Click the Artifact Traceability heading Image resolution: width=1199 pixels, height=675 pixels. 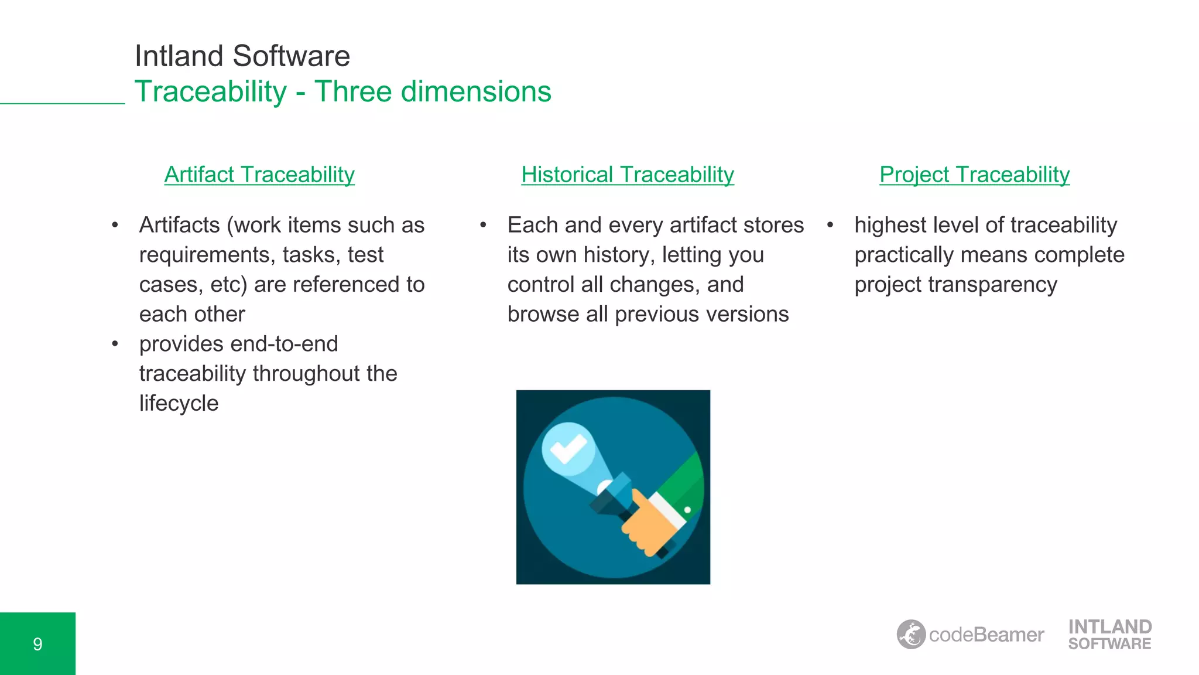[259, 175]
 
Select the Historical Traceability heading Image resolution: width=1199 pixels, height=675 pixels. [627, 175]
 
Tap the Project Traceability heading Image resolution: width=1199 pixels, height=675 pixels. [974, 175]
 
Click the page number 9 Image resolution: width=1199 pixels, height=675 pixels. [37, 644]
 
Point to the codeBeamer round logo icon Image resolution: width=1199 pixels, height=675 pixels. [911, 634]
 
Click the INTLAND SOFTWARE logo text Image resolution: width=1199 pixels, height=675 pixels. [1109, 635]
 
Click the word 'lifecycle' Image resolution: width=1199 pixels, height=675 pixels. [179, 403]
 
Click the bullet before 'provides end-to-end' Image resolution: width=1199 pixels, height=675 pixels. [115, 344]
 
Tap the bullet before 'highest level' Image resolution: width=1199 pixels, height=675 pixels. [830, 225]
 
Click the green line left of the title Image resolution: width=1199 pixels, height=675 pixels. [62, 104]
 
